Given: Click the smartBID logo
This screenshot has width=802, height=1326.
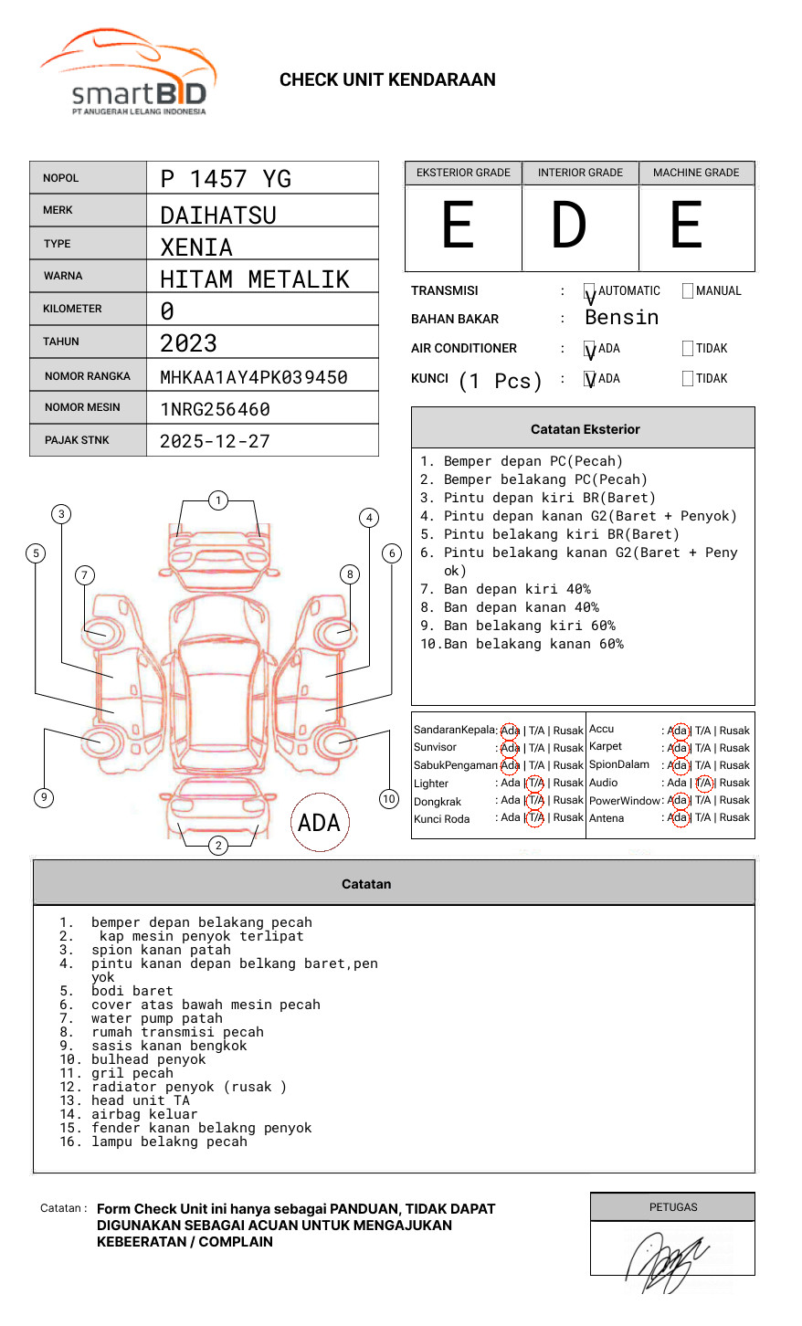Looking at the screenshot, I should point(128,73).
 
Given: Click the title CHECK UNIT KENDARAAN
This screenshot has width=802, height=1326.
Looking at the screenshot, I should point(387,80).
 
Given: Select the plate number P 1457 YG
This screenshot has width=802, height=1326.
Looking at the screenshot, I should point(226,179).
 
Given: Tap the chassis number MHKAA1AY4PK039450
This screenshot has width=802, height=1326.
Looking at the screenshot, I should point(254,377).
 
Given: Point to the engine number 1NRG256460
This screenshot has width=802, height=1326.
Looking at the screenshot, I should point(215,409).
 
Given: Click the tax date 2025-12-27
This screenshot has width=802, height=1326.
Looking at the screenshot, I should point(215,442).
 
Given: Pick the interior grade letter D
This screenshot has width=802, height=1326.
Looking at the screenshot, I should point(569,226).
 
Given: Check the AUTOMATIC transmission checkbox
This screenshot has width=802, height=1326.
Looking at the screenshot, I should point(590,291).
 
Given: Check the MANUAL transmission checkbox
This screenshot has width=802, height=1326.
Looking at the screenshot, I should point(688,291).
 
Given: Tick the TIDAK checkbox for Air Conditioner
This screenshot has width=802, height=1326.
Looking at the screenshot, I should point(688,349).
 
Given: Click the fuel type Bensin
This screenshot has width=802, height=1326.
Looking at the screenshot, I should point(621,318).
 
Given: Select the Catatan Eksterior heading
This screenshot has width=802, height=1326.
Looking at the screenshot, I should point(585,429).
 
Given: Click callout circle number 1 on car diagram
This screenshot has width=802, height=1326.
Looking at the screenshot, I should point(217,500).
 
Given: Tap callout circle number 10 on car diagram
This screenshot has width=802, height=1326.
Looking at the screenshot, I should point(389,799).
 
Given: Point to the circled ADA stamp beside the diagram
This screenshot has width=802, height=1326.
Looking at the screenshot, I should point(319,823).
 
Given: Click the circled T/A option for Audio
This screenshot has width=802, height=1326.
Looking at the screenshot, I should point(703,784).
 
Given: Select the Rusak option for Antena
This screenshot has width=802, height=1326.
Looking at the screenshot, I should point(734,818).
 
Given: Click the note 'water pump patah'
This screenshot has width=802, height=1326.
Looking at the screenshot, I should point(156,1019).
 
